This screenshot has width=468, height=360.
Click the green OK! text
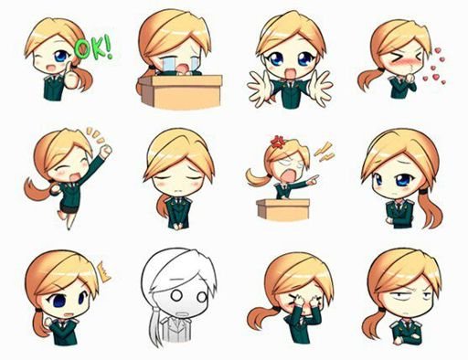(x=93, y=48)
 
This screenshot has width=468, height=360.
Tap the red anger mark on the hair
(x=278, y=142)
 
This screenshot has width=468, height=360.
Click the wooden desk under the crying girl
(x=180, y=91)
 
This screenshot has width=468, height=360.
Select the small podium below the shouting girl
(x=283, y=209)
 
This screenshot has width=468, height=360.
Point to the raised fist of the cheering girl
(x=106, y=151)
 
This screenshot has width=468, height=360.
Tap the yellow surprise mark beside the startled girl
(x=103, y=272)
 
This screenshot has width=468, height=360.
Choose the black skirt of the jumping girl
(x=68, y=206)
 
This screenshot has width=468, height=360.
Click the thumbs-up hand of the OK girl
(x=71, y=77)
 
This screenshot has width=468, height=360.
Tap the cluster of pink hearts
(x=434, y=67)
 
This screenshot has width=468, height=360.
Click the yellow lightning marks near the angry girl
(x=324, y=152)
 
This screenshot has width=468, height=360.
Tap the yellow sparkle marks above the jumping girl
(x=95, y=135)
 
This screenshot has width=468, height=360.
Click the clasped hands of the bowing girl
(x=178, y=226)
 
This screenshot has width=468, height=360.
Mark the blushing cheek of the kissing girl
(x=395, y=64)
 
